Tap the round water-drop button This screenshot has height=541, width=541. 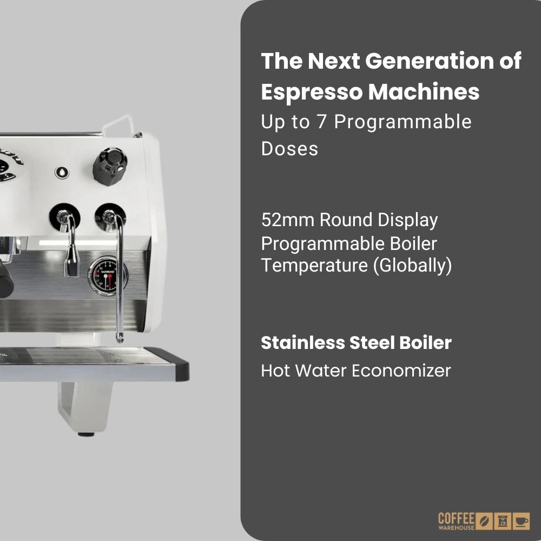pos(62,173)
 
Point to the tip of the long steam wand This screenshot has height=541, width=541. pos(120,339)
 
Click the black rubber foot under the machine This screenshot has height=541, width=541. pos(86,433)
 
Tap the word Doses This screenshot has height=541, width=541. pos(289,149)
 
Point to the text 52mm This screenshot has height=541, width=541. pos(287,220)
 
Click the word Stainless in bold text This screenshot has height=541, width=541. pos(302,343)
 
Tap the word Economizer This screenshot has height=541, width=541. pos(401,371)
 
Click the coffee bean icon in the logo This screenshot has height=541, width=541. pos(485,521)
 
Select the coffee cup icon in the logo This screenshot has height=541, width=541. pos(521,520)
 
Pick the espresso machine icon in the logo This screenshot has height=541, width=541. pos(503,521)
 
